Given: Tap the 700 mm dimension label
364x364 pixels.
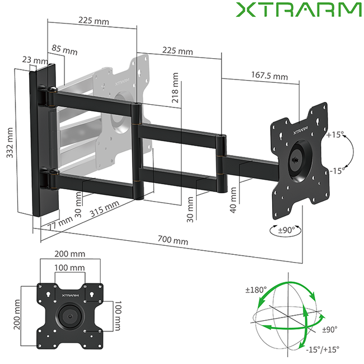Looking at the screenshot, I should point(173,240).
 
